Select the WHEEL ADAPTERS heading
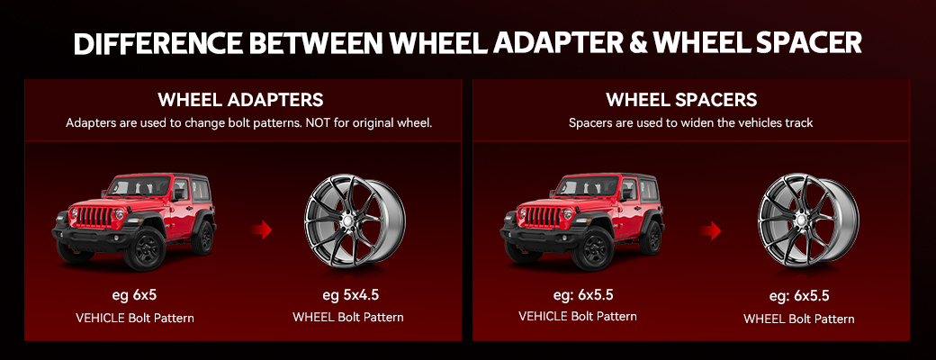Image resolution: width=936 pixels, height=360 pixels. pos(240,100)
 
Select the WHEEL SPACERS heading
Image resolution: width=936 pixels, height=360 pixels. pos(681,100)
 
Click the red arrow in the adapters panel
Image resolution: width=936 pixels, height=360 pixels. pos(262,229)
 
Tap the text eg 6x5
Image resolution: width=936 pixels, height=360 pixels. pos(134,295)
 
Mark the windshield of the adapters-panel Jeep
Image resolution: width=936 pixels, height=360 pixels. pos(139,186)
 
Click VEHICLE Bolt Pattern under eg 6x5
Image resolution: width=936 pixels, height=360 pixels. pos(135,319)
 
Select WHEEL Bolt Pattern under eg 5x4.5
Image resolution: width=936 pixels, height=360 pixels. pos(348,317)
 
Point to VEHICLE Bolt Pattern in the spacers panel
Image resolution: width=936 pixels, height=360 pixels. pos(577,317)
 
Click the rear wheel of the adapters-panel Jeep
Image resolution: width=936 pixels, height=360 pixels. pos(204,237)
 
